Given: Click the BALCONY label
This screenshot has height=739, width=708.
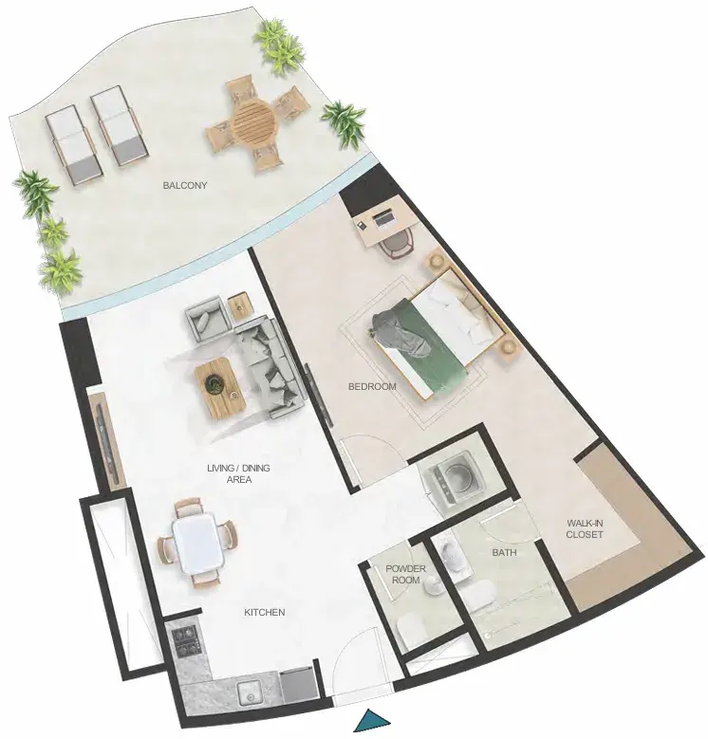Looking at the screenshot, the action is [185, 185].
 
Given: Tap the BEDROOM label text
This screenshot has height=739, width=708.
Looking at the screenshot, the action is [372, 386].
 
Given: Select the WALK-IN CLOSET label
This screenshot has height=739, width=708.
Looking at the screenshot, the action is [585, 528].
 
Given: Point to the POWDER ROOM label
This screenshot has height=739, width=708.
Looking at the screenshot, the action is [405, 574].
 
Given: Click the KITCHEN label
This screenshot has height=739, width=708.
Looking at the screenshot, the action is [265, 612].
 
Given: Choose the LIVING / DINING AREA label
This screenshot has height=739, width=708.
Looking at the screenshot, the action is [238, 473].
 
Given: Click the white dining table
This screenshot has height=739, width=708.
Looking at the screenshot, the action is [198, 545].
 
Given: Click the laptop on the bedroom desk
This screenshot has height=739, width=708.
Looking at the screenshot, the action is [382, 219].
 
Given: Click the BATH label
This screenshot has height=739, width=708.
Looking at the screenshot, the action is [504, 552].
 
